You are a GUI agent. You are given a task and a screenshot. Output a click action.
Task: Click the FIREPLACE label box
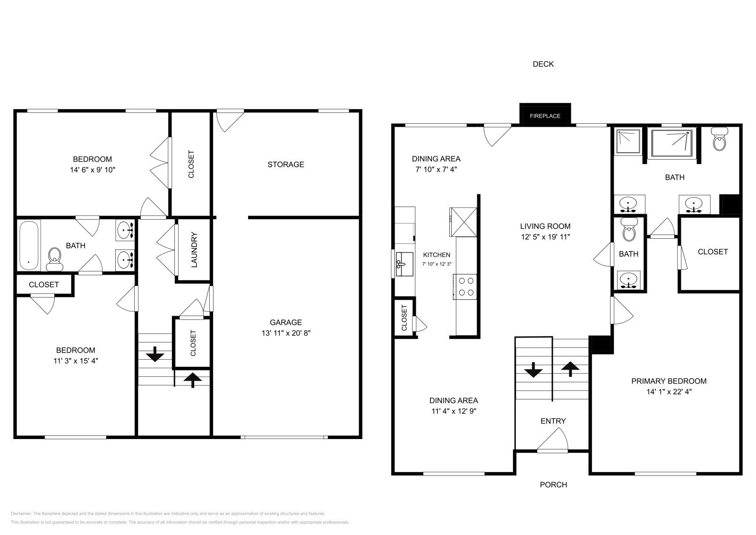[x=545, y=115]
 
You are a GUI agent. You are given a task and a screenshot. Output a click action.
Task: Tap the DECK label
[x=543, y=64]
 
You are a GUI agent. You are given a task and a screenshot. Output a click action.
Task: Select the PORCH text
[x=553, y=484]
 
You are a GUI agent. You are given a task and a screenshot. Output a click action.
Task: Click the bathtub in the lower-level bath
[x=29, y=245]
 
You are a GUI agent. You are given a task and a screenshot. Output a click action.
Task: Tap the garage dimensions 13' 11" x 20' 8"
[x=285, y=333]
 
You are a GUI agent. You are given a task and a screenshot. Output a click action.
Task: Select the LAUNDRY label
[x=194, y=250]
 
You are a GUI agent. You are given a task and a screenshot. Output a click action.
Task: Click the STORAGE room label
[x=285, y=164]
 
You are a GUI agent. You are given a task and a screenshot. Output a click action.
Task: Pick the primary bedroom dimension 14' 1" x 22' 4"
[x=669, y=391]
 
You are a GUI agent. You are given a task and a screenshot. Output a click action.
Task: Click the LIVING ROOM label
[x=545, y=226]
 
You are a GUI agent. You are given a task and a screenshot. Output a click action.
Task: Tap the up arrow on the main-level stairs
[x=570, y=368]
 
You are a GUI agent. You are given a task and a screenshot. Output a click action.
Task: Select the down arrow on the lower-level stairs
[x=154, y=354]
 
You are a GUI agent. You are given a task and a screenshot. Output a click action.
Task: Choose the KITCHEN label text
[x=436, y=255]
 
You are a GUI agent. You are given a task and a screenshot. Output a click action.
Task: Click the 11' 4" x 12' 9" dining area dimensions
[x=453, y=411]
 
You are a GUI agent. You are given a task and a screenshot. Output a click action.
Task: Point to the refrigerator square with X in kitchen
[x=463, y=222]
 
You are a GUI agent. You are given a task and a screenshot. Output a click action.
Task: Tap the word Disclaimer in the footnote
[x=21, y=513]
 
